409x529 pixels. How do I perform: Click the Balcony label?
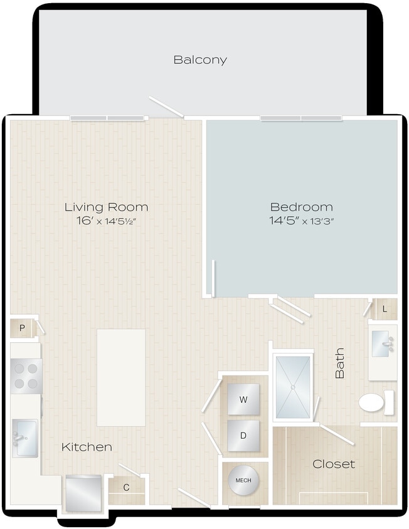pyautogui.click(x=200, y=60)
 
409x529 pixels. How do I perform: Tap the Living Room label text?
pyautogui.click(x=107, y=207)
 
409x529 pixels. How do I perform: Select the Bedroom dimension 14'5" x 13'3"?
pyautogui.click(x=302, y=221)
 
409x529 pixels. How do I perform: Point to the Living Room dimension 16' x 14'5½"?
pyautogui.click(x=107, y=221)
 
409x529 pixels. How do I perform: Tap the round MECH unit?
pyautogui.click(x=243, y=481)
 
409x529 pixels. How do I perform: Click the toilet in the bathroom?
pyautogui.click(x=375, y=402)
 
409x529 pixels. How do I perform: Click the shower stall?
pyautogui.click(x=293, y=387)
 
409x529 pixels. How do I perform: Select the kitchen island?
pyautogui.click(x=121, y=377)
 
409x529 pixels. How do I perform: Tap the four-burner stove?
pyautogui.click(x=26, y=376)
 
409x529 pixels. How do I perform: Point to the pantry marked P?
pyautogui.click(x=22, y=328)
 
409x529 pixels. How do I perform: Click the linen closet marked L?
pyautogui.click(x=385, y=309)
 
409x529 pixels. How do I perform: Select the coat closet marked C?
pyautogui.click(x=126, y=488)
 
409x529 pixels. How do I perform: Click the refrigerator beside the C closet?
pyautogui.click(x=83, y=493)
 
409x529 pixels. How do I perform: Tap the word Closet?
pyautogui.click(x=334, y=464)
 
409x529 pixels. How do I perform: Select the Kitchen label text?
pyautogui.click(x=87, y=447)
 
